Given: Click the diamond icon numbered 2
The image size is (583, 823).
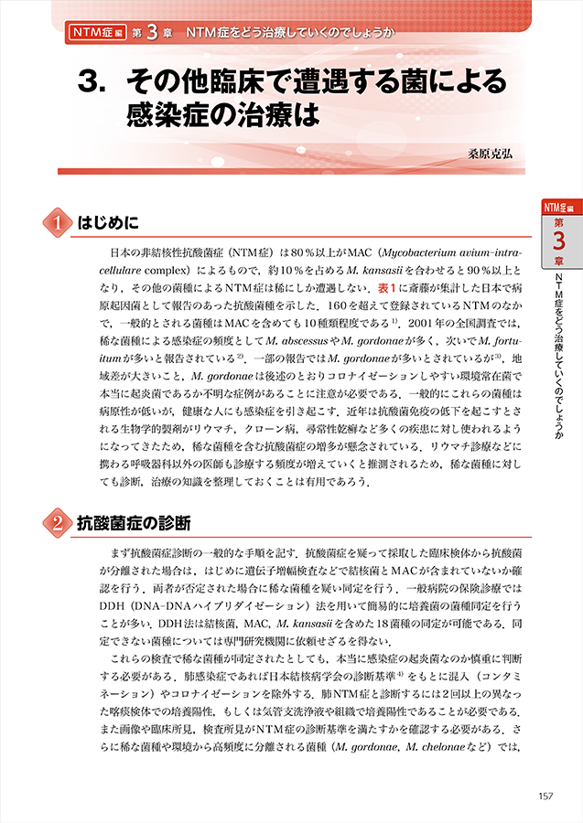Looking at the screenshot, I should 58,523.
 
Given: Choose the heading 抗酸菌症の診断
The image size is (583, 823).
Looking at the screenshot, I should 134,524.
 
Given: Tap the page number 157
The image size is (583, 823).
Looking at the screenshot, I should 546,796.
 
